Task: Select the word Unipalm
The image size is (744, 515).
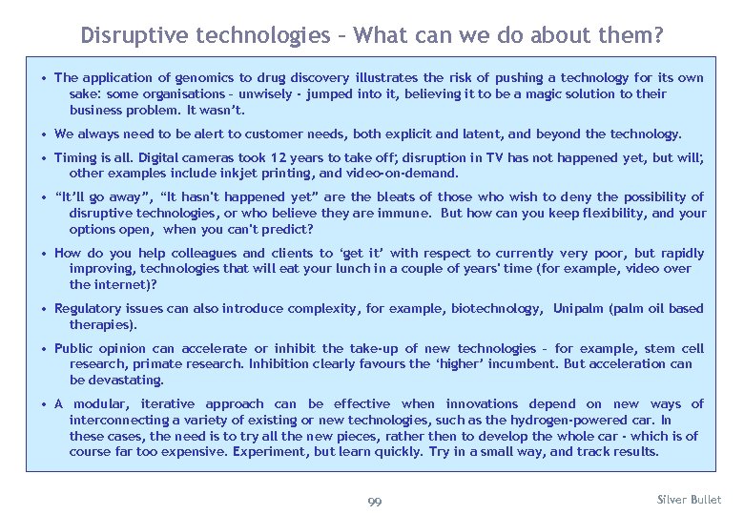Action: coord(577,309)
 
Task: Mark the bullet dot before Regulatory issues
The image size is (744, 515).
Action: coord(45,309)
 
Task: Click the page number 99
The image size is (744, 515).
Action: coord(374,503)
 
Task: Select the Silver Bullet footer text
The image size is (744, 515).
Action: coord(690,500)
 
